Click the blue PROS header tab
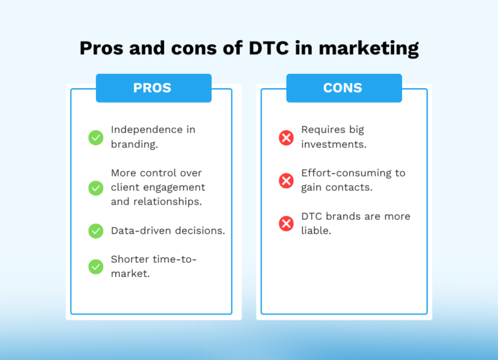[x=153, y=88]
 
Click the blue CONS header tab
[x=344, y=88]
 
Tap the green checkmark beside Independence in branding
[x=96, y=138]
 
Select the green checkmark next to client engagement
[x=96, y=187]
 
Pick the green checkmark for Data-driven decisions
[x=96, y=231]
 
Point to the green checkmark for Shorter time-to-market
[x=96, y=267]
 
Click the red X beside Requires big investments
[x=286, y=138]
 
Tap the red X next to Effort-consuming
[x=286, y=181]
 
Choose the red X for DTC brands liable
[x=286, y=224]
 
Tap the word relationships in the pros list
[x=171, y=202]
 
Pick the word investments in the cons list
[x=333, y=145]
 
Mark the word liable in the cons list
[x=316, y=231]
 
